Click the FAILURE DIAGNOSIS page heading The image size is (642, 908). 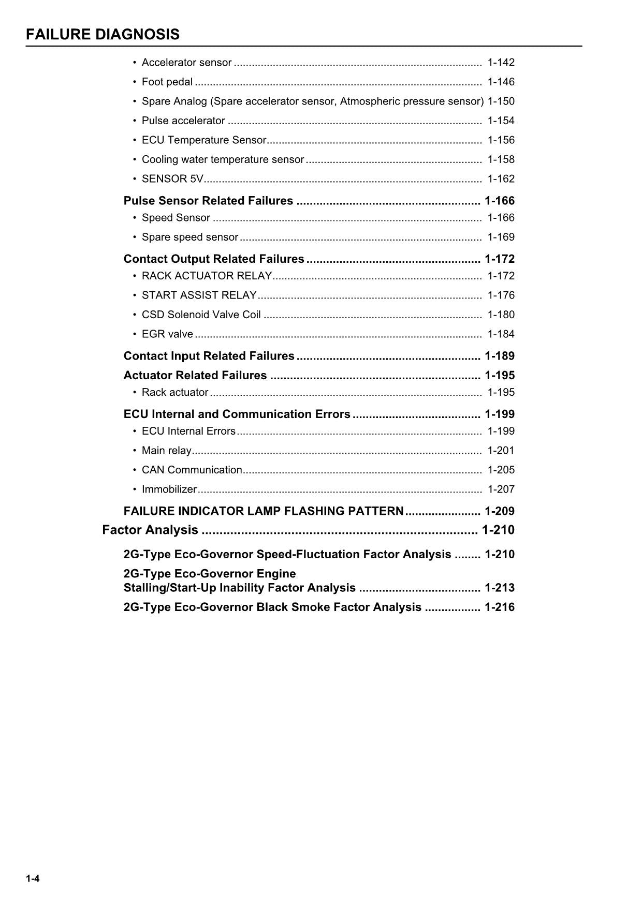[103, 35]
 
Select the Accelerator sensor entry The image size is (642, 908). [186, 63]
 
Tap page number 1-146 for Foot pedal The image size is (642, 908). [501, 82]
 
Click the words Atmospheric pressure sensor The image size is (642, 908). [412, 101]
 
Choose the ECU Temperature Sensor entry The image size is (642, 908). [203, 140]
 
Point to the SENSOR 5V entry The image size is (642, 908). [172, 179]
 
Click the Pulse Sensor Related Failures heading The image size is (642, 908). [208, 201]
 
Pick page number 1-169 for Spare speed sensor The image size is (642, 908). [501, 237]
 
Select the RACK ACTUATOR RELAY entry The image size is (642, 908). [207, 276]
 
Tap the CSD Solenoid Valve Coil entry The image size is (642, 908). [201, 315]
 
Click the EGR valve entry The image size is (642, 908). [167, 334]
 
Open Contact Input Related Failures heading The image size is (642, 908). [209, 356]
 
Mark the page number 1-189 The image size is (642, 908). [499, 356]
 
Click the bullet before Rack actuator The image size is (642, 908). [135, 393]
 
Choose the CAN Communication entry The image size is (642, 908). [192, 470]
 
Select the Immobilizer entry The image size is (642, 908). [169, 489]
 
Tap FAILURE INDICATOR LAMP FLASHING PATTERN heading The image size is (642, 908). [263, 511]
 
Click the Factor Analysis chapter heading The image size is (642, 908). [150, 530]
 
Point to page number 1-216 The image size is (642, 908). [499, 607]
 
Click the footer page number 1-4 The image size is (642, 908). [33, 879]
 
